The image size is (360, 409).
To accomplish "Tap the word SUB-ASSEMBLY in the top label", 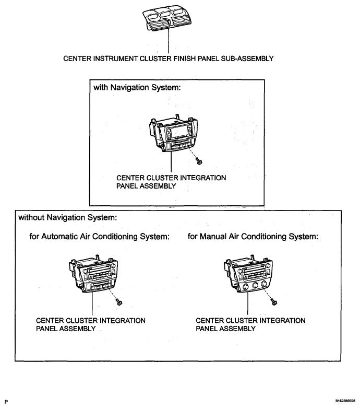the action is coord(247,59).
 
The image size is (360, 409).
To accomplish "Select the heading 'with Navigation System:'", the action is coord(137,87).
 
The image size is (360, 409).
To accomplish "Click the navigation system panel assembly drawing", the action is coord(173,133).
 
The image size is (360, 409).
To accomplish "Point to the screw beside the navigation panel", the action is coord(199,161).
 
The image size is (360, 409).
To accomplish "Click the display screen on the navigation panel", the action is coord(179,132).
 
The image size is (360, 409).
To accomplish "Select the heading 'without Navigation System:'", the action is coord(68,217).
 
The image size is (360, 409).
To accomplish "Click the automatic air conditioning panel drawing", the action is coord(93,274).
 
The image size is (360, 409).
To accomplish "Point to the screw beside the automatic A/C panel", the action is coord(119,302).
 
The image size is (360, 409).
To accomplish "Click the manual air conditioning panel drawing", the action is coord(248,273).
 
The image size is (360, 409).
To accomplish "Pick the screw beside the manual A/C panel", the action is coord(274,302).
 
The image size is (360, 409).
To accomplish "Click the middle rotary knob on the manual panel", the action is coord(255,285).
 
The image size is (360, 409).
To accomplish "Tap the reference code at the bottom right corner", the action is coord(345,401).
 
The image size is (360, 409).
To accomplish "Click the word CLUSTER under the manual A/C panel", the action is coord(241,321).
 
